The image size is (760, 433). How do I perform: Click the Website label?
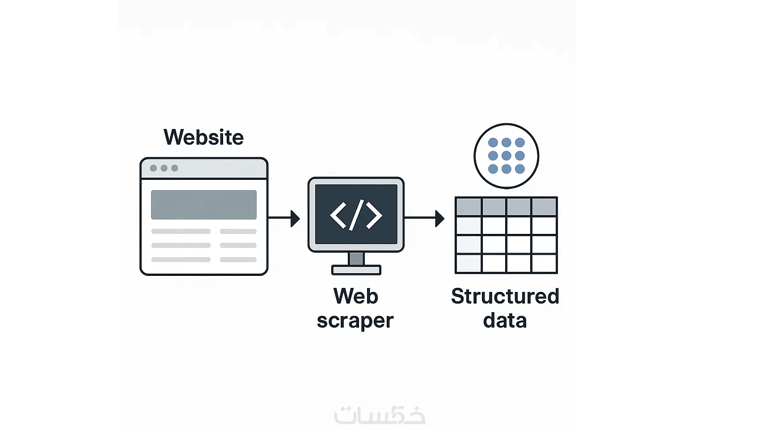(203, 137)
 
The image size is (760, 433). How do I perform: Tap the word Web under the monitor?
(355, 296)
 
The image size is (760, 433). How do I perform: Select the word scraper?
(355, 321)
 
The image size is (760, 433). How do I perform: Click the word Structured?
(505, 296)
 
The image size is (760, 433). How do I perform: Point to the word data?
(505, 321)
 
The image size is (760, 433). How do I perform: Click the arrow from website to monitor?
(284, 218)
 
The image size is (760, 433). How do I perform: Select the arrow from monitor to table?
(424, 218)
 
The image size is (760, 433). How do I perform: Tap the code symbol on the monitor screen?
(356, 215)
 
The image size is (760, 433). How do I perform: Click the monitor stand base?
(356, 270)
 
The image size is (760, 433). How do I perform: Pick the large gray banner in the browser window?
(204, 205)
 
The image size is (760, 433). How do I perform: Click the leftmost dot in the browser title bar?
(153, 168)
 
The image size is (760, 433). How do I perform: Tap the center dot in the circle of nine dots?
(506, 156)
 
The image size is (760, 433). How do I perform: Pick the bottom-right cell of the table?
(544, 263)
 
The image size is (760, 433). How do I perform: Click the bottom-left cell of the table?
(469, 263)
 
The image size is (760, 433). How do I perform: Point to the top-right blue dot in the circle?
(519, 142)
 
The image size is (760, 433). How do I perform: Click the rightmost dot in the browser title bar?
(175, 168)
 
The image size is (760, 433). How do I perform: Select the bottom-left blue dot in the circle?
(493, 169)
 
